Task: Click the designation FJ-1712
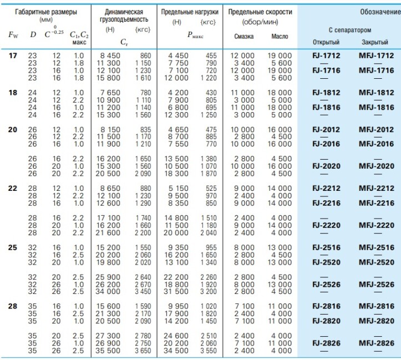point(326,55)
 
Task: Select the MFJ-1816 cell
point(376,108)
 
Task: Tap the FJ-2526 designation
point(326,285)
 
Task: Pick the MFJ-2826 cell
point(376,343)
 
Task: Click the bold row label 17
point(13,55)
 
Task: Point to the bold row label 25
point(13,247)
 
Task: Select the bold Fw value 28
point(13,306)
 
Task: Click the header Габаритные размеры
point(46,12)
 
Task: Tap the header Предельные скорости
point(260,12)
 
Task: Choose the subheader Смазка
point(243,36)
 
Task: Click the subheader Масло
point(280,36)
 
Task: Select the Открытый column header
point(326,42)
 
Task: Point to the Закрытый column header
point(375,42)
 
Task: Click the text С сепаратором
point(349,30)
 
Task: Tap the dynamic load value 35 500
point(108,351)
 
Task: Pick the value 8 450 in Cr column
point(110,55)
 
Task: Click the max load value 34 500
point(176,351)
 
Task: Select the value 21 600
point(108,232)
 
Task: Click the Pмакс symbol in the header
point(195,36)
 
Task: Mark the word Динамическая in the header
point(124,12)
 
